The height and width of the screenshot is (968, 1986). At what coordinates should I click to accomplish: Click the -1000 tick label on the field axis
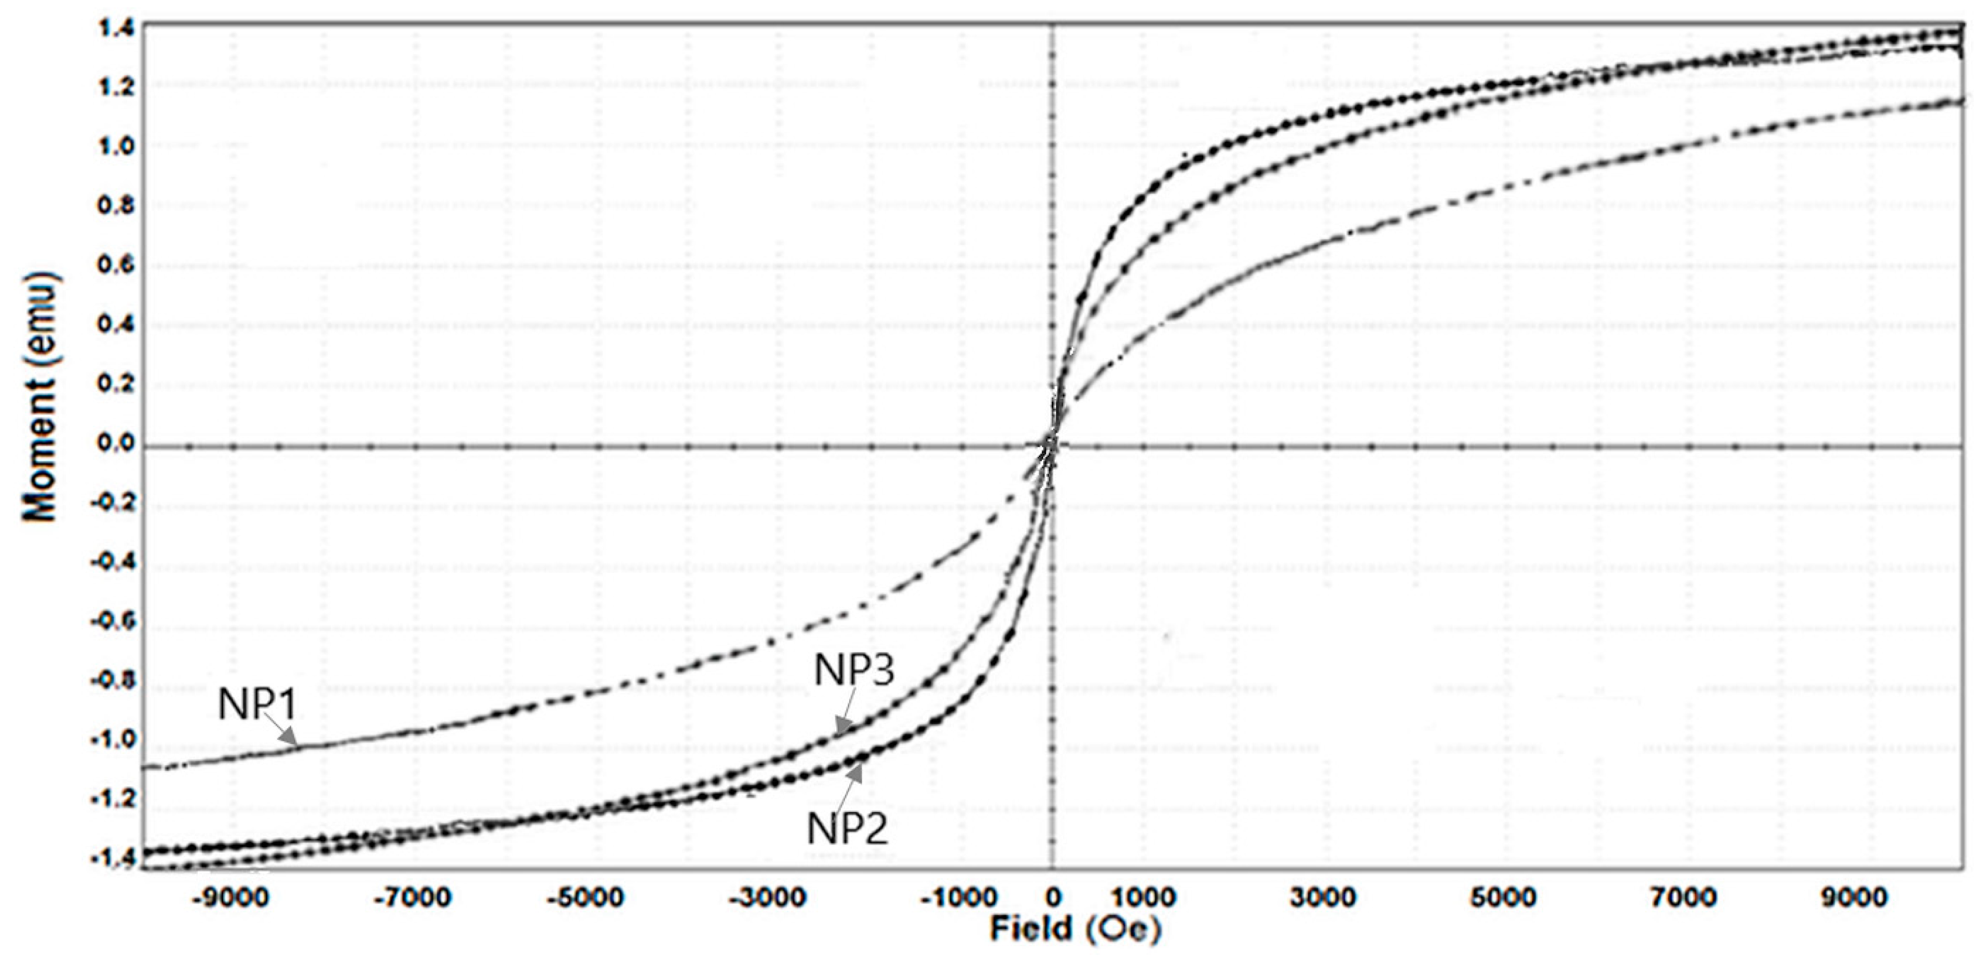pos(960,897)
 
